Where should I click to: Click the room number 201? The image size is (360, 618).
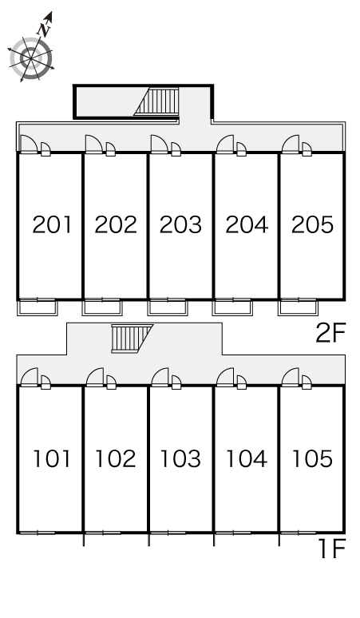click(53, 224)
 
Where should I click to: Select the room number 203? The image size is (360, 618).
click(180, 224)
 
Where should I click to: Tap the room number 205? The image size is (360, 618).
click(312, 224)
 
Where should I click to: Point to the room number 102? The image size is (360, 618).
click(116, 459)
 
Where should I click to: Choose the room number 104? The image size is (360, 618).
click(247, 459)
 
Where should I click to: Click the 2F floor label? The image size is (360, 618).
click(330, 333)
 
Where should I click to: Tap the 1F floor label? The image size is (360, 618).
click(332, 549)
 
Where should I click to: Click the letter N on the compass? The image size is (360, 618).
click(44, 30)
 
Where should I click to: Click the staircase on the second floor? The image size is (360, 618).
click(157, 101)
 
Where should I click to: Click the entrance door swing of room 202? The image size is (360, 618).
click(94, 144)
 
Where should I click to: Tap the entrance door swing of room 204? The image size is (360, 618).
click(225, 144)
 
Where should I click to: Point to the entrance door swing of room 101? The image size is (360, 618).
click(30, 376)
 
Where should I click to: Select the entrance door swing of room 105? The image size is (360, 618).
click(291, 376)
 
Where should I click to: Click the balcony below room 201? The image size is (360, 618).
click(38, 308)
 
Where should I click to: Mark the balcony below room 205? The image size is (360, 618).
click(298, 308)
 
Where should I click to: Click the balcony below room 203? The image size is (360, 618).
click(168, 308)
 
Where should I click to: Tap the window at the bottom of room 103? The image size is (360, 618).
click(168, 533)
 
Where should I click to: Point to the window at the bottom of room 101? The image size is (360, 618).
click(38, 533)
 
